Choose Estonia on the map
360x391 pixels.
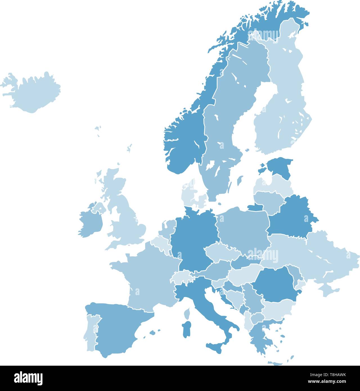click(x=280, y=167)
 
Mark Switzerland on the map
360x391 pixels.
click(x=181, y=277)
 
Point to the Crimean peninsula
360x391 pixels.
click(x=329, y=290)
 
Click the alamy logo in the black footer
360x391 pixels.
click(x=28, y=378)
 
